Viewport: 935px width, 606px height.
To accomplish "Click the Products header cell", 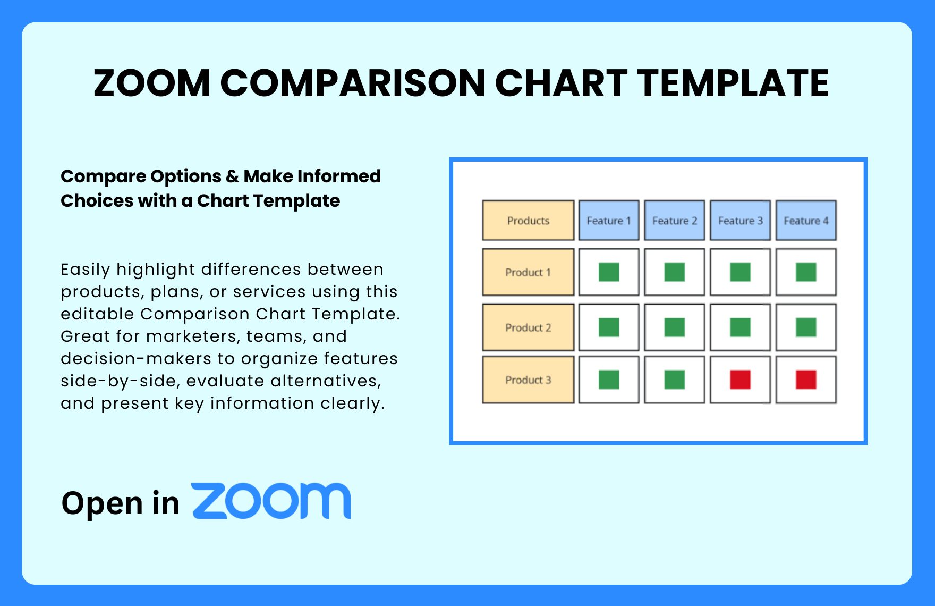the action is pyautogui.click(x=528, y=220).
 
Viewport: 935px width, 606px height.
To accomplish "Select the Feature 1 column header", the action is pyautogui.click(x=609, y=220).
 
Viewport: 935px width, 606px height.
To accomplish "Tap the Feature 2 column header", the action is pyautogui.click(x=675, y=220).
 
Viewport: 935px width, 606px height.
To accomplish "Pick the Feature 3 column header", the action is pyautogui.click(x=740, y=220).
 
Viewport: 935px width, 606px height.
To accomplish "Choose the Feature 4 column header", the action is pyautogui.click(x=806, y=220).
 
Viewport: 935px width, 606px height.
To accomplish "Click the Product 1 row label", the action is pyautogui.click(x=528, y=272).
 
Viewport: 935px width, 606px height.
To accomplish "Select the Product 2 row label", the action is pyautogui.click(x=528, y=327).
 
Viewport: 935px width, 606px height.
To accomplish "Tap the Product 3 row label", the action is pyautogui.click(x=528, y=380).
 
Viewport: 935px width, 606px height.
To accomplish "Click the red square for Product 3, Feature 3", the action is pyautogui.click(x=740, y=380).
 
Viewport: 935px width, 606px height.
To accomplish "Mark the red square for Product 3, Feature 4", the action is pyautogui.click(x=806, y=380).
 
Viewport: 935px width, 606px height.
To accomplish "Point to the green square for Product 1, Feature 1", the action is pyautogui.click(x=609, y=272).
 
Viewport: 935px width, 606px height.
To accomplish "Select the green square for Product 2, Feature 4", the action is pyautogui.click(x=806, y=327).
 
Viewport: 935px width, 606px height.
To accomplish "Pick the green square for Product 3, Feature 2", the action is pyautogui.click(x=675, y=380).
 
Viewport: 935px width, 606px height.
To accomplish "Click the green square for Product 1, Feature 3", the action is pyautogui.click(x=740, y=272).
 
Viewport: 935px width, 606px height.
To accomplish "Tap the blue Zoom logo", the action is pyautogui.click(x=271, y=501).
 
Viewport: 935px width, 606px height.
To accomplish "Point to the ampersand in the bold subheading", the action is pyautogui.click(x=232, y=176).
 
